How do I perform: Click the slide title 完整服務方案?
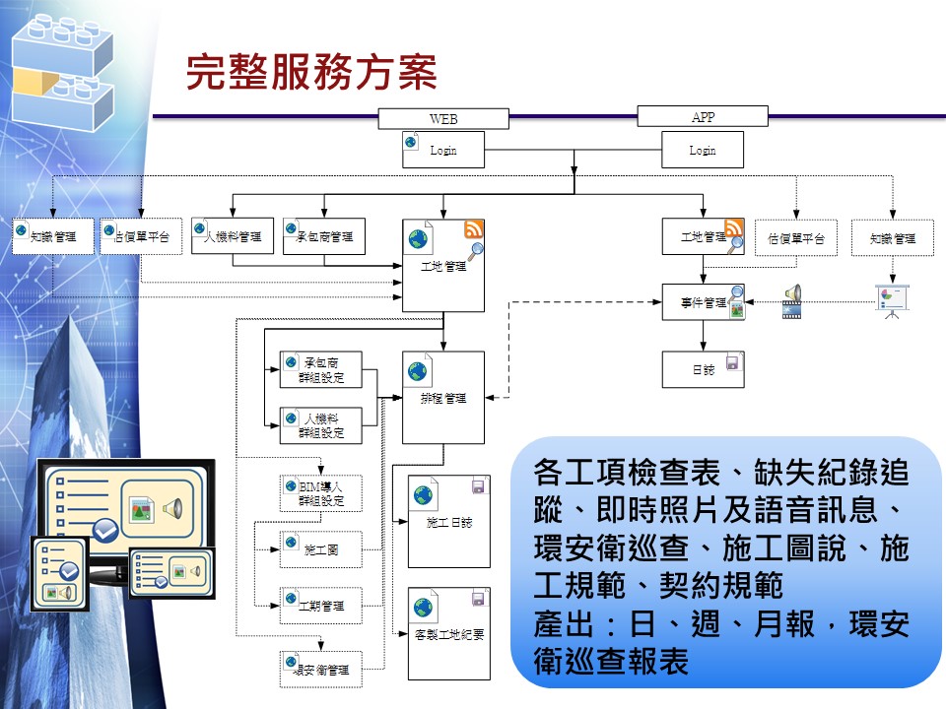click(311, 73)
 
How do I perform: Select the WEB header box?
click(443, 118)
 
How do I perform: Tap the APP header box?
click(703, 117)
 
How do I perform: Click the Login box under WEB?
click(443, 151)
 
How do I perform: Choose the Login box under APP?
click(702, 151)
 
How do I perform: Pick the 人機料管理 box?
click(233, 237)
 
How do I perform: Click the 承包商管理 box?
click(323, 237)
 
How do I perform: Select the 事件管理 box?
click(703, 302)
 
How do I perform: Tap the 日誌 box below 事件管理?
click(703, 368)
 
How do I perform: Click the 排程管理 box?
click(443, 397)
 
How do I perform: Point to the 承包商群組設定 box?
click(320, 369)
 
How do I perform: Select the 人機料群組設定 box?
click(320, 425)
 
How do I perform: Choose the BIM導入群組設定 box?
click(320, 493)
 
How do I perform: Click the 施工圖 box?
click(320, 549)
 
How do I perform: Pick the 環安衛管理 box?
click(320, 670)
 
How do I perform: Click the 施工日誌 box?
click(448, 522)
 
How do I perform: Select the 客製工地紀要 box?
click(448, 633)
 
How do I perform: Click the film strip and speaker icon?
click(791, 302)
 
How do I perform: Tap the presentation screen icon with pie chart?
click(892, 301)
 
